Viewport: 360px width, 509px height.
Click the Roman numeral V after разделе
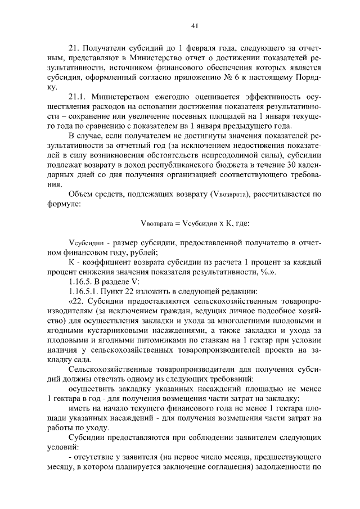point(127,282)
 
